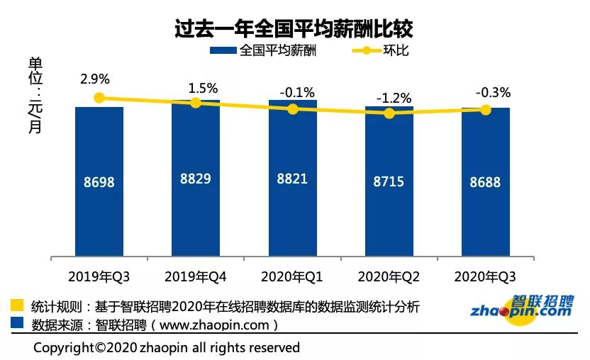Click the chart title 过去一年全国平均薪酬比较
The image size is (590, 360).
click(x=294, y=28)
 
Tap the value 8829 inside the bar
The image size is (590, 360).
click(x=196, y=179)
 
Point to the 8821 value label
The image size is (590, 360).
click(x=292, y=179)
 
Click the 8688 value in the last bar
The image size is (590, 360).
click(x=485, y=182)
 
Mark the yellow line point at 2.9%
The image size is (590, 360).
click(x=99, y=99)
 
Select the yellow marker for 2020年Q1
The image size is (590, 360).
click(x=292, y=109)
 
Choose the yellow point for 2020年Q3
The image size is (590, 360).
click(x=485, y=110)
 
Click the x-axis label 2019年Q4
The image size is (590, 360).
click(x=196, y=276)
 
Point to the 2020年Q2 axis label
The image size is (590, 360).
click(x=389, y=276)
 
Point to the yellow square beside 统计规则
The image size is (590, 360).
click(x=18, y=307)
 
